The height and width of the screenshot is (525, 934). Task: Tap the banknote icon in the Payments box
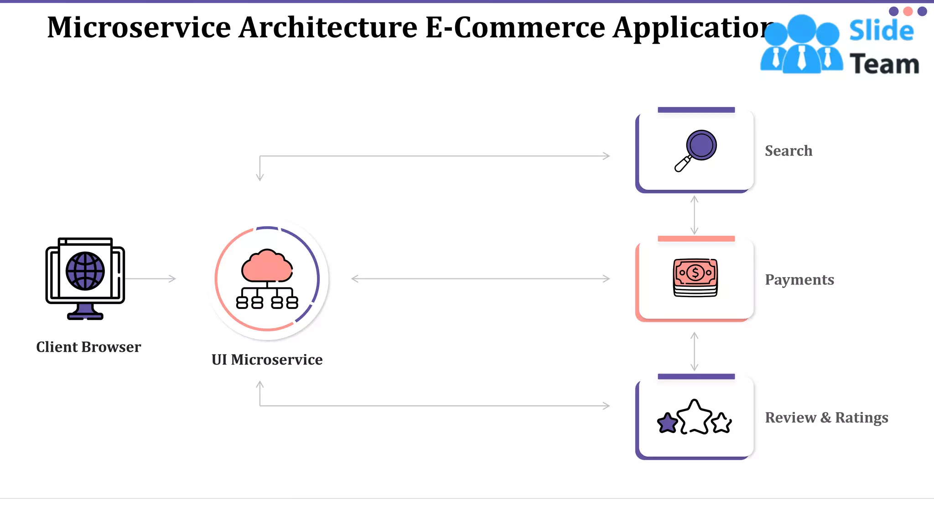(695, 277)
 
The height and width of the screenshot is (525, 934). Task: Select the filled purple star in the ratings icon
(668, 423)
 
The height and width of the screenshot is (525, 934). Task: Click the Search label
(789, 151)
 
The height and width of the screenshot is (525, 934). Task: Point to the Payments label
(799, 280)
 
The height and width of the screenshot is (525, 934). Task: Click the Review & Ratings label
(826, 417)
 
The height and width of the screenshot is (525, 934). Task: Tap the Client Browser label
(88, 347)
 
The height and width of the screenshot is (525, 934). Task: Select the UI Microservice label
(267, 360)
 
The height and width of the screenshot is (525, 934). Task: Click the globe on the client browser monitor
(85, 271)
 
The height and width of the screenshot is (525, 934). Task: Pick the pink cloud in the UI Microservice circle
(267, 266)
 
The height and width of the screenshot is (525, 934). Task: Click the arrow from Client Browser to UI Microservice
(150, 278)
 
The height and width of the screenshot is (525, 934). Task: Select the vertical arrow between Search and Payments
(695, 215)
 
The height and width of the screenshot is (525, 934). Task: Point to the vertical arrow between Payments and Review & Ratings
(695, 351)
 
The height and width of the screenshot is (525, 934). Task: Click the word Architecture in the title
(327, 27)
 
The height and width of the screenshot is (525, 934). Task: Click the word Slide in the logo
(881, 31)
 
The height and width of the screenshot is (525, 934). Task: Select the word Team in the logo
(884, 64)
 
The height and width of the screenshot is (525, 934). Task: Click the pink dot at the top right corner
(908, 11)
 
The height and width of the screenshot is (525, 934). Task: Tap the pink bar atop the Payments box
(696, 239)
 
